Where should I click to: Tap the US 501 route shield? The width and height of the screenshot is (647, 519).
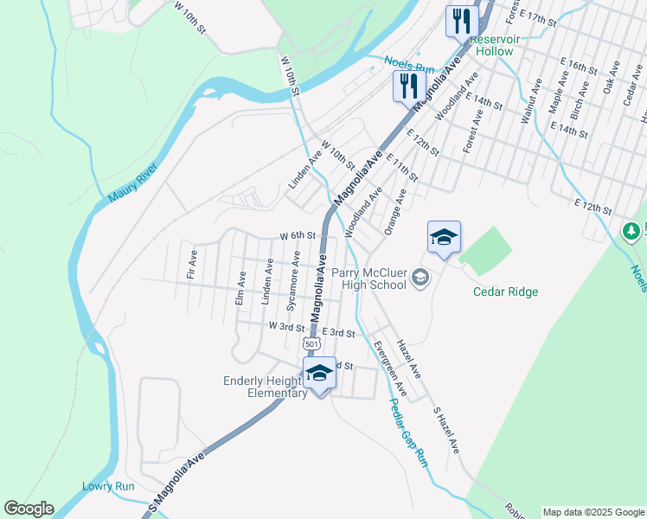click(312, 343)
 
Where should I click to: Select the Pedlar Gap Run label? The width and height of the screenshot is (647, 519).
click(408, 432)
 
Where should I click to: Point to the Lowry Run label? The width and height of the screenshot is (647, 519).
click(108, 486)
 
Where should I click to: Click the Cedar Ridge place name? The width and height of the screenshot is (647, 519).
click(505, 292)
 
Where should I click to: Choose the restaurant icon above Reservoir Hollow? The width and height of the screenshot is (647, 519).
click(461, 21)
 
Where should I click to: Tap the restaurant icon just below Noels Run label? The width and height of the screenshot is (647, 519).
click(407, 86)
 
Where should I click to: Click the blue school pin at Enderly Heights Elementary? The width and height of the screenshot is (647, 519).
click(319, 373)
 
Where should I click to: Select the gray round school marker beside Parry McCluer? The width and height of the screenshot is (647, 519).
click(421, 278)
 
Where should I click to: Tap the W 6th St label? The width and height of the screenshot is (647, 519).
click(296, 235)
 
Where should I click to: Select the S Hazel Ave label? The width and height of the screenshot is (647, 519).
click(446, 431)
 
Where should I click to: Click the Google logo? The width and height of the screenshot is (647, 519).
click(29, 509)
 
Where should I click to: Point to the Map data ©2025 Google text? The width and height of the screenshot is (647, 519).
click(593, 512)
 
